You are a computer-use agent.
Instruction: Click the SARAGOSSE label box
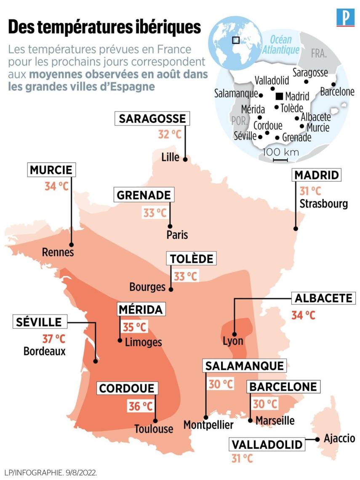point(152,119)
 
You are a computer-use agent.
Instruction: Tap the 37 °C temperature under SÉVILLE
point(54,338)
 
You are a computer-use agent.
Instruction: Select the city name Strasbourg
point(323,204)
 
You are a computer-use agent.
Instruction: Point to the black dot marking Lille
point(184,159)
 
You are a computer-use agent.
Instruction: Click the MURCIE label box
point(52,171)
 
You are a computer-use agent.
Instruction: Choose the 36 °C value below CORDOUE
point(140,406)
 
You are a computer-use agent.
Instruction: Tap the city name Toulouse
point(154,429)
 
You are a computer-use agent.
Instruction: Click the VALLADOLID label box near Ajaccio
point(267,445)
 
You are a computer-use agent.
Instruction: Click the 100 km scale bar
point(280,160)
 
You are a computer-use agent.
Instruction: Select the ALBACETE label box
point(323,298)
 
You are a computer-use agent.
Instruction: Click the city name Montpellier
point(208,425)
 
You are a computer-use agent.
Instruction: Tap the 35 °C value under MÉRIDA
point(135,327)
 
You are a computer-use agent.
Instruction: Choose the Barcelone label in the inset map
point(337,92)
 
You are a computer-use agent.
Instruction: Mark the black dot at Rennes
point(72,245)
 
